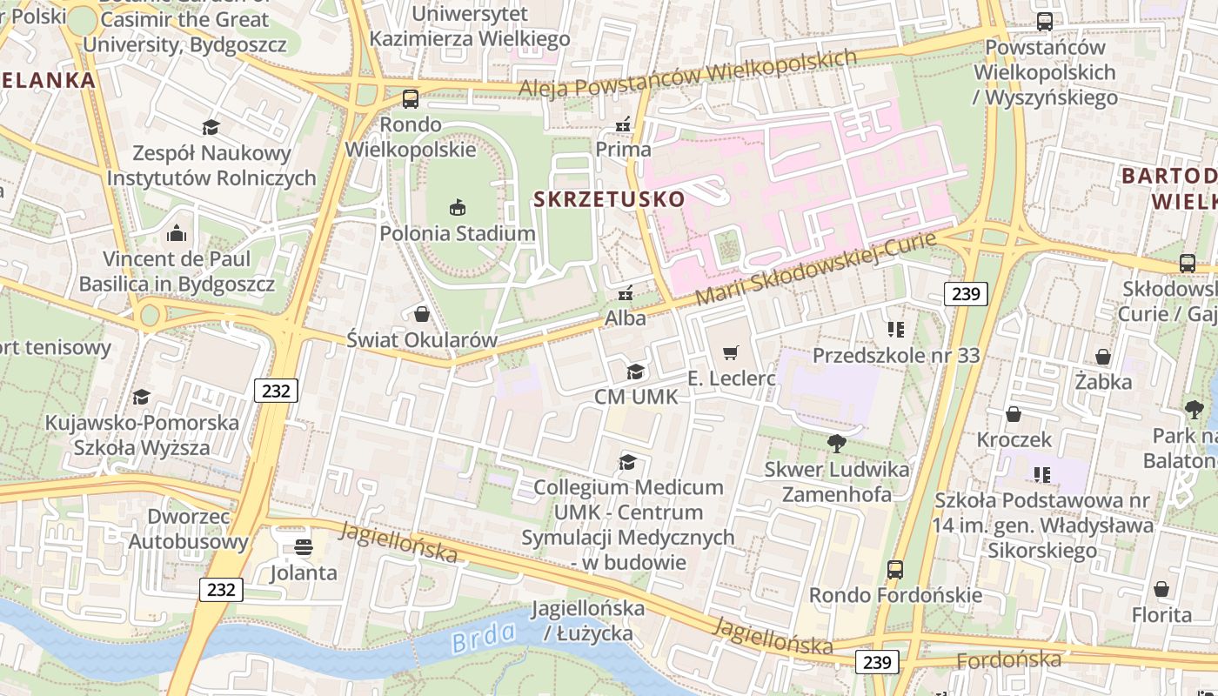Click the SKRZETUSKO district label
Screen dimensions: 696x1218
tap(609, 199)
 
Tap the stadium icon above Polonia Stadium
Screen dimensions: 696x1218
tap(458, 207)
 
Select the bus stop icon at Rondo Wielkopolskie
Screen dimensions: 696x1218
tap(410, 99)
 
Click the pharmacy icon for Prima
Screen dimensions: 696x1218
tap(623, 124)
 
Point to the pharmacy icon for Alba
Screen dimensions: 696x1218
tap(625, 293)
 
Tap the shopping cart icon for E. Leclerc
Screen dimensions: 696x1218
tap(730, 352)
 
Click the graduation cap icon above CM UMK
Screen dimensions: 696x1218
tap(636, 371)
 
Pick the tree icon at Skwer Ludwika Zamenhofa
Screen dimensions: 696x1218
tap(836, 444)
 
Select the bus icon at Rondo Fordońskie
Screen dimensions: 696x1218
tap(895, 570)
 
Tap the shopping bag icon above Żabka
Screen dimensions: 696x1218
tap(1103, 357)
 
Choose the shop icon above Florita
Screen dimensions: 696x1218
tap(1161, 589)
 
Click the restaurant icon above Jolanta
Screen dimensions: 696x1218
tap(303, 547)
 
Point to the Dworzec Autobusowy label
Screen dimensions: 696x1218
tap(188, 529)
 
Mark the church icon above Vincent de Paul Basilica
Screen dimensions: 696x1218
tap(177, 233)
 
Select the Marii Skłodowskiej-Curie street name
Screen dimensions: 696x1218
tap(815, 269)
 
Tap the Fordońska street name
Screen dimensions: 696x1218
tap(1008, 660)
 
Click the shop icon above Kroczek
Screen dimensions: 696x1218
tap(1014, 414)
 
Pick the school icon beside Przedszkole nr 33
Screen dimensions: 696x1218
tap(896, 330)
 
